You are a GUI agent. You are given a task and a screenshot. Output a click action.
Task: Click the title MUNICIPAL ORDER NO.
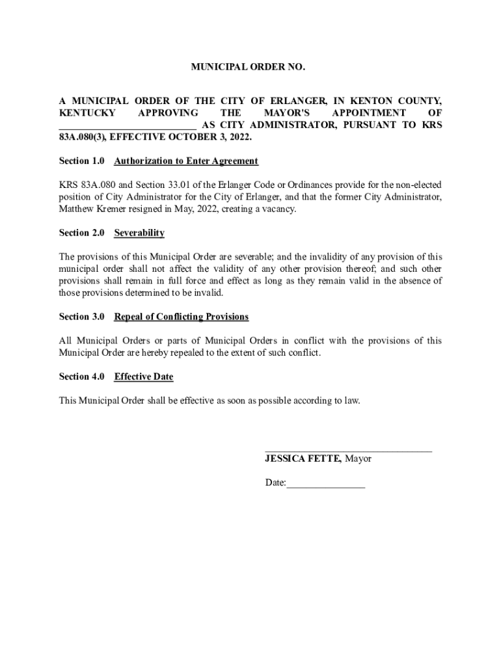[x=247, y=67]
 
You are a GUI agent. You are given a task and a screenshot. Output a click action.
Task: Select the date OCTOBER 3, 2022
[x=210, y=138]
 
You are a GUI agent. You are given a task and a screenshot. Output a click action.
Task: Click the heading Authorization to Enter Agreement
[x=186, y=161]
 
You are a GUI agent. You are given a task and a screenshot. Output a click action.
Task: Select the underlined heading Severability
[x=139, y=233]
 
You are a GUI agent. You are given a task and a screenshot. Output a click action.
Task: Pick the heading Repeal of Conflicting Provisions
[x=182, y=317]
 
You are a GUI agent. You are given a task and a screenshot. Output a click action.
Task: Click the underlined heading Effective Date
[x=144, y=377]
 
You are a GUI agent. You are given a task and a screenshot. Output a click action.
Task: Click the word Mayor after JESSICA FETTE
[x=359, y=459]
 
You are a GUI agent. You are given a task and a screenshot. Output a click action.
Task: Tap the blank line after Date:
[x=326, y=484]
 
